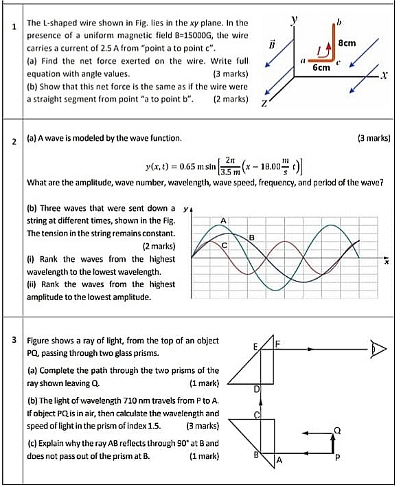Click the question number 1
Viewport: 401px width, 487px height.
14,27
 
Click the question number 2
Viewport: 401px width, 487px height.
14,141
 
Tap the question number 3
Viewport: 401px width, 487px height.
14,339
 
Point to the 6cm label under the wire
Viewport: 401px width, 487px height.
321,69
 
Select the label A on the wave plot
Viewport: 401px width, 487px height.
224,219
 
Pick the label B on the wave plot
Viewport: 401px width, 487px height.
251,236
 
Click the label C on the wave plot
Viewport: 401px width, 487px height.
224,245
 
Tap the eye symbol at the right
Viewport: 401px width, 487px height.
378,349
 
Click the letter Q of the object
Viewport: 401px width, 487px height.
337,429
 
